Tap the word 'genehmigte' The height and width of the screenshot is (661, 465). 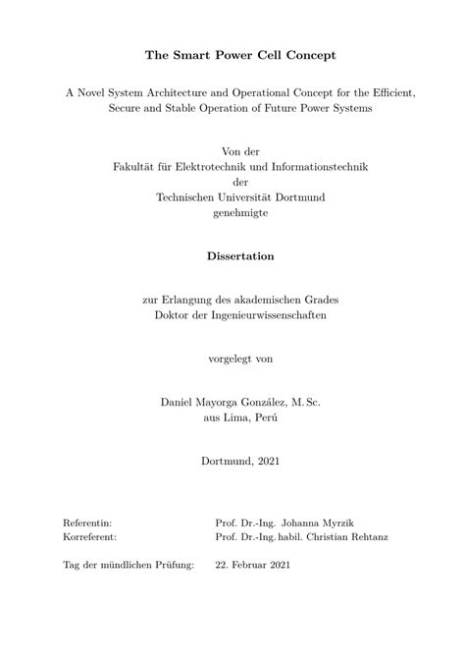(x=232, y=213)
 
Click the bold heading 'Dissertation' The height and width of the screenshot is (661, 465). (x=232, y=256)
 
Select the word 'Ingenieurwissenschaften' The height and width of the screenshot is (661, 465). (x=266, y=314)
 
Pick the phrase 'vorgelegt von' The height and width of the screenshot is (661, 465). (x=232, y=358)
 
